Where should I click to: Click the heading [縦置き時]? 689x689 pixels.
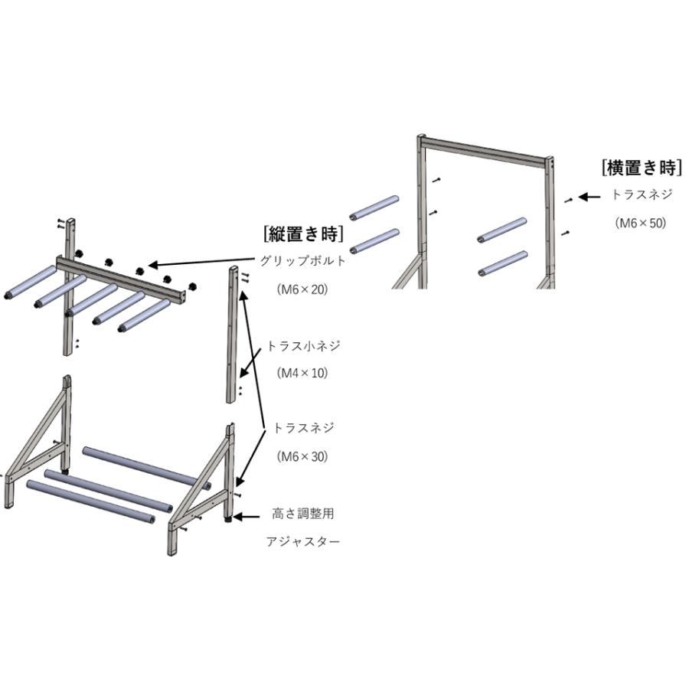tap(303, 233)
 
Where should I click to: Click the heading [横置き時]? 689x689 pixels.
tap(642, 168)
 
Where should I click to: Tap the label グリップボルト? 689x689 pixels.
tap(303, 260)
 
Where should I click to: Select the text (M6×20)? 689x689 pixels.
tap(302, 289)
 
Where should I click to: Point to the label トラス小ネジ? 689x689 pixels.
tap(303, 346)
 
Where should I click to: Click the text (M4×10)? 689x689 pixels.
tap(302, 373)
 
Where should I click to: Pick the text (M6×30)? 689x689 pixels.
tap(302, 456)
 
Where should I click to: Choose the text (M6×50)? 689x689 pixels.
tap(641, 223)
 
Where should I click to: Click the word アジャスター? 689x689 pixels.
tap(303, 541)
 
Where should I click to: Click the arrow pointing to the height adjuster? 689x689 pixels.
tap(246, 518)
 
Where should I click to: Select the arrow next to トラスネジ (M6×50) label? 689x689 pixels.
tap(589, 198)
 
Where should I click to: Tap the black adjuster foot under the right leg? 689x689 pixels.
tap(228, 520)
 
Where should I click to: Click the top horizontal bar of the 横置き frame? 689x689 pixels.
tap(485, 152)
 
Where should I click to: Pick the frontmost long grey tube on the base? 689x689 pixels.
tap(91, 501)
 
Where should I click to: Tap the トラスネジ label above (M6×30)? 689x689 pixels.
tap(303, 427)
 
